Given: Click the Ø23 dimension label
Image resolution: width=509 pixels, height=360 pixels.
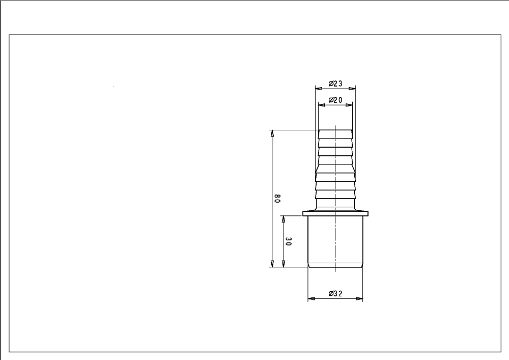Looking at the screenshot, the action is click(335, 84).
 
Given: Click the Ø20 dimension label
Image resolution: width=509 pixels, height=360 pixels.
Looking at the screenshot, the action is click(335, 100).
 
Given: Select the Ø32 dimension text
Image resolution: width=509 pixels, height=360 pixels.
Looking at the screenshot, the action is click(335, 294).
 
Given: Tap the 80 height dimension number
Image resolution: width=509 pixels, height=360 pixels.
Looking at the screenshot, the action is click(277, 199).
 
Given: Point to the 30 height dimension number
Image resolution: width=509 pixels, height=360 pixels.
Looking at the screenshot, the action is click(288, 241).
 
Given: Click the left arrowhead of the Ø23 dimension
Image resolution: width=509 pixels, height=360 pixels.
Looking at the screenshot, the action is click(319, 88).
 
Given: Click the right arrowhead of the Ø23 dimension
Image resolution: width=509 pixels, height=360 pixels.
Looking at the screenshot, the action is click(352, 88).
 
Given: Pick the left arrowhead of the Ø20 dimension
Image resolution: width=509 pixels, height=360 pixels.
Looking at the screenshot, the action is click(322, 105).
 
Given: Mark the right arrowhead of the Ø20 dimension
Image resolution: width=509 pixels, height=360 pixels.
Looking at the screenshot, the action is click(349, 105).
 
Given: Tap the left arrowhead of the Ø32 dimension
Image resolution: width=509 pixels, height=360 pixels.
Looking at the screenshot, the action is click(312, 299).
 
